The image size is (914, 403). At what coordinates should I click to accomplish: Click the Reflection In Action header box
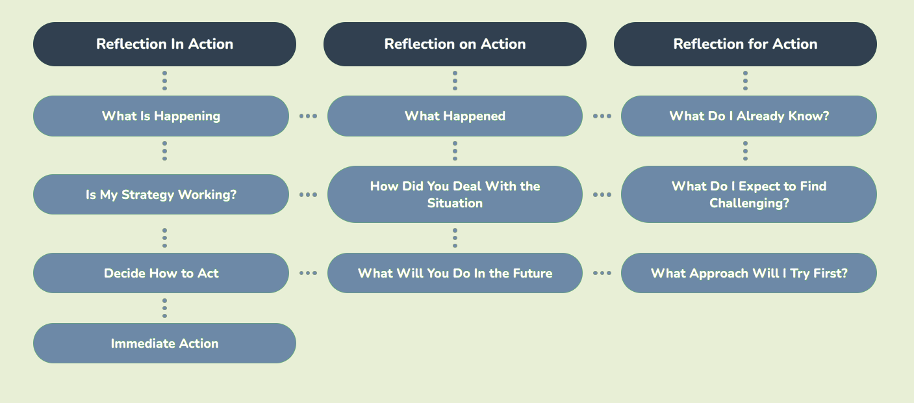164,44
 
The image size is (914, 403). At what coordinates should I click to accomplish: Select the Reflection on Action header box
455,44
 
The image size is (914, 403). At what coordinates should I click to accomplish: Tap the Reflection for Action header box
745,44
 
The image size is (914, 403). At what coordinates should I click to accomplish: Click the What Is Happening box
161,116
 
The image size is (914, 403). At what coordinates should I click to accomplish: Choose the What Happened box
455,116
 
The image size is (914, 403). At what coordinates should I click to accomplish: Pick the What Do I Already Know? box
749,116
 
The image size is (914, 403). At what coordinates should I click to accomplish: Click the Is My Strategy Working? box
161,194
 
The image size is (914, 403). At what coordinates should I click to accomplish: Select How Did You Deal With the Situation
455,194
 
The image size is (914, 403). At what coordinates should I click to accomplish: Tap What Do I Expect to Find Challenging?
749,194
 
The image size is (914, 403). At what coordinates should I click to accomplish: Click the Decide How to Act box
161,273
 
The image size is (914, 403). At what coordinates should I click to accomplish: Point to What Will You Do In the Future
455,273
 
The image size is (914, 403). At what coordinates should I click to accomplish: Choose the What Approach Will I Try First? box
749,273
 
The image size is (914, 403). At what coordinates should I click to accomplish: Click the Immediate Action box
164,343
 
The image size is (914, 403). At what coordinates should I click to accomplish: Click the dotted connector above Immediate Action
164,308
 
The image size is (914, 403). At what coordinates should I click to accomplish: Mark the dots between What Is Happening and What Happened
308,116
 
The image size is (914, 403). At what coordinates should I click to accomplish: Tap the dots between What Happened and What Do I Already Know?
602,116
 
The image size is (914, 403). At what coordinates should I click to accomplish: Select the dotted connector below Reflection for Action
745,81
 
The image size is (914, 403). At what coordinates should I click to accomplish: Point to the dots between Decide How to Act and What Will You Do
308,273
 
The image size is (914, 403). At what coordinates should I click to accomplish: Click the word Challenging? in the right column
749,203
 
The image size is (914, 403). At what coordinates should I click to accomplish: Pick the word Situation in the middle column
455,203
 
